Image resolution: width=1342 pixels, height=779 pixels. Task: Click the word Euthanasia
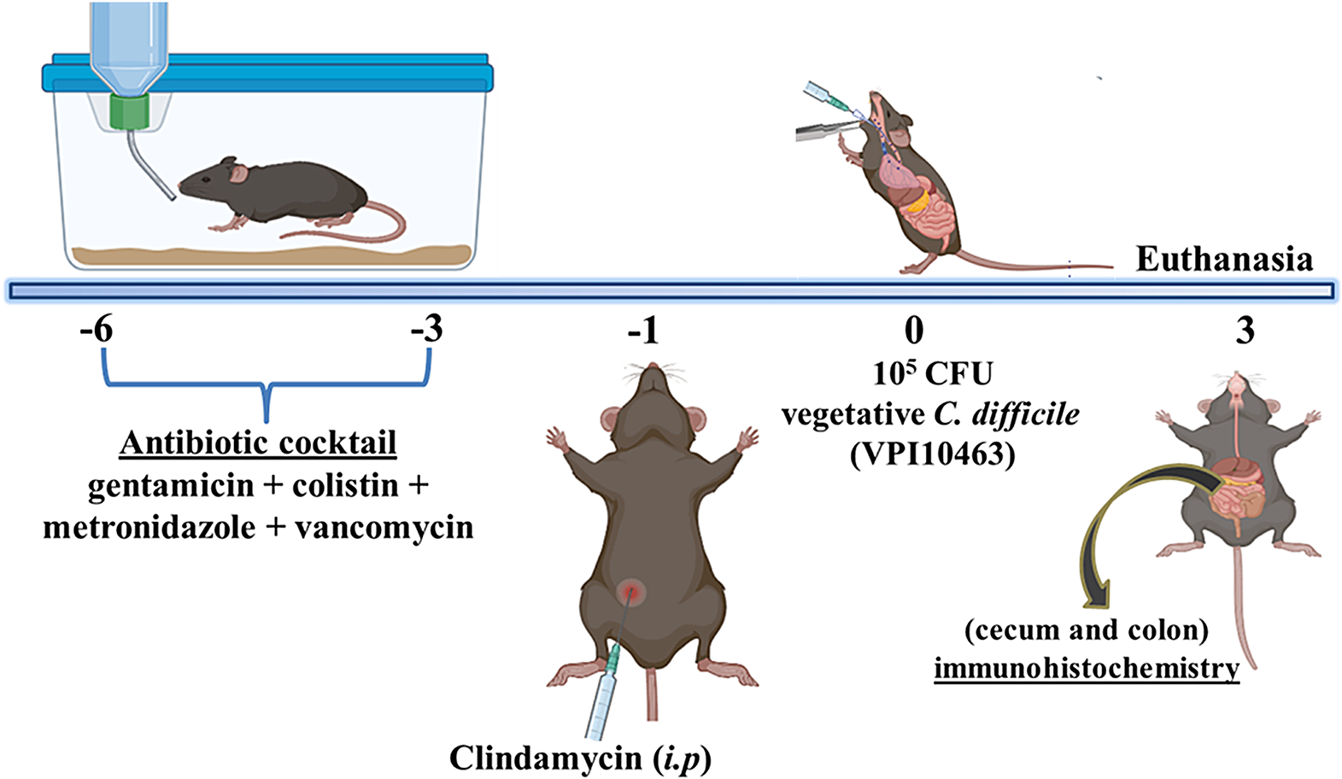pos(1223,259)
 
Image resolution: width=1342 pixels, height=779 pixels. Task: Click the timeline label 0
pos(914,330)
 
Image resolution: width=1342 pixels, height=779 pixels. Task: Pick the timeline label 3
pos(1245,331)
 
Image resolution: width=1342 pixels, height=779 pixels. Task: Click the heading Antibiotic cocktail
pos(259,443)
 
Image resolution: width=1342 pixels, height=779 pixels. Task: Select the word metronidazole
pos(149,528)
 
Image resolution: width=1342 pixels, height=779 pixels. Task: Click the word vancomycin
pos(384,528)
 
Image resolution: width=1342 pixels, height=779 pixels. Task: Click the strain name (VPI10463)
pos(932,454)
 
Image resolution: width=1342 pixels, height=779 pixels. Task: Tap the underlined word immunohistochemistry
pos(1087,667)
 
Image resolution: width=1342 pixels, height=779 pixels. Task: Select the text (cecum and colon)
pos(1087,630)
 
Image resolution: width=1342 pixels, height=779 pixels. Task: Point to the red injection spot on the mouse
pos(633,590)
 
